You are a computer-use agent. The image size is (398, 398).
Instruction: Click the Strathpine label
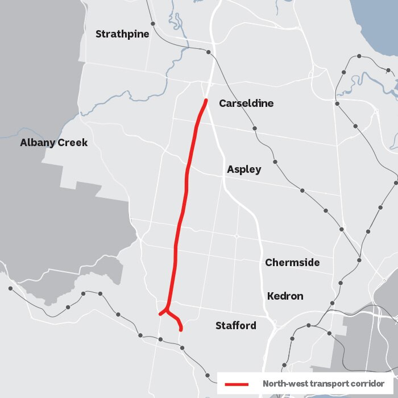click(x=122, y=34)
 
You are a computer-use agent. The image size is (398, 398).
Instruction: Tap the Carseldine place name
click(x=246, y=103)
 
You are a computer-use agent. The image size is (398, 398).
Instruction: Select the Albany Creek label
click(x=54, y=143)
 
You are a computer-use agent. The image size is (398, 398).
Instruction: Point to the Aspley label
click(x=244, y=169)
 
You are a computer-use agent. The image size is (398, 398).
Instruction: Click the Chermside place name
click(x=292, y=263)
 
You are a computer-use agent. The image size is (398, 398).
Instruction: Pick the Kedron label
click(x=285, y=296)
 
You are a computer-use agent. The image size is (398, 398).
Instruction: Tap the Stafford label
click(x=235, y=326)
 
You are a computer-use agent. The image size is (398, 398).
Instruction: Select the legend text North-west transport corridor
click(x=323, y=384)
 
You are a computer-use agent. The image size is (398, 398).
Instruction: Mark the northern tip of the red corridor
click(x=206, y=101)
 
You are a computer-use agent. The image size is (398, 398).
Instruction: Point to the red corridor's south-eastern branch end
click(x=181, y=329)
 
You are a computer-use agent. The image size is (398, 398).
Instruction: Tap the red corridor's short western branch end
click(x=160, y=314)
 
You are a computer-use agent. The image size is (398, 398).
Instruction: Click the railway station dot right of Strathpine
click(x=153, y=24)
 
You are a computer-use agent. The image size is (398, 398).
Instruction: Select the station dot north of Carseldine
click(x=209, y=52)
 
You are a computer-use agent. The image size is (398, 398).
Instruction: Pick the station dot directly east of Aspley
click(x=276, y=162)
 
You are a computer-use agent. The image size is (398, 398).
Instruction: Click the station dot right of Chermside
click(x=359, y=260)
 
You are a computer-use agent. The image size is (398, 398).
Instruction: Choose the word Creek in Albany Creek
click(x=73, y=143)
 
